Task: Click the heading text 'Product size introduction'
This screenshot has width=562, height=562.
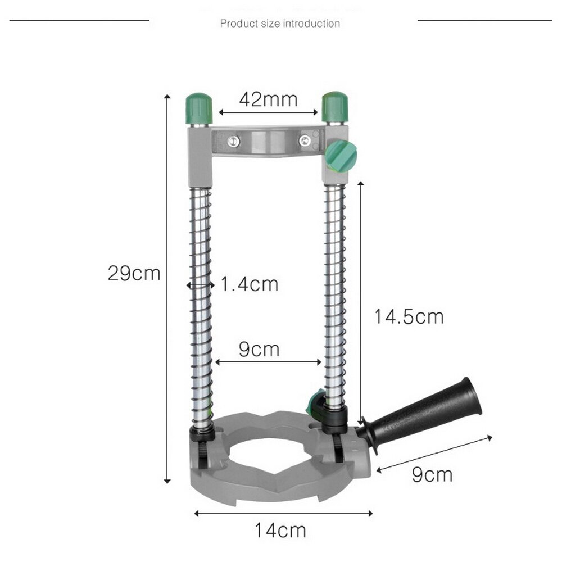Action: pos(280,24)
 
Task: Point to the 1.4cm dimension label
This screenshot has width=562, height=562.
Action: pos(249,284)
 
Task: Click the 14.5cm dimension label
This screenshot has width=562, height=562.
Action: pos(409,316)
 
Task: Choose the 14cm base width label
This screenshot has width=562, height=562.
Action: pos(280,529)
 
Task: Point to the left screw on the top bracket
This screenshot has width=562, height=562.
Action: pos(232,142)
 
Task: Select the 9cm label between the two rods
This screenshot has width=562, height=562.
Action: pos(259,349)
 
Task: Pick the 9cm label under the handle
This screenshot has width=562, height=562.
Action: pos(432,474)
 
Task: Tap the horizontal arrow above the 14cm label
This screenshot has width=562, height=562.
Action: pos(283,512)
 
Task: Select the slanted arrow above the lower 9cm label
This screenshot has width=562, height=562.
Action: pos(434,452)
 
